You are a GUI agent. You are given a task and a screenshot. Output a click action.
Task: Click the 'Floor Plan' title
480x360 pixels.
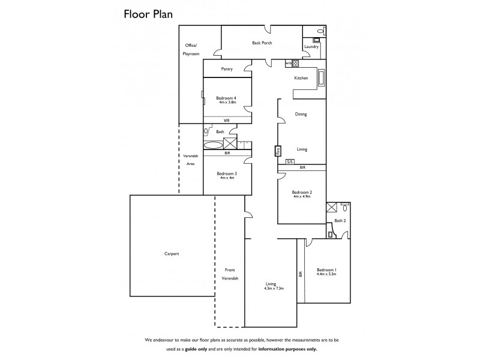tap(148, 14)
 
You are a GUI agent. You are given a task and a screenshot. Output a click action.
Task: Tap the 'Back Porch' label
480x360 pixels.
tap(262, 43)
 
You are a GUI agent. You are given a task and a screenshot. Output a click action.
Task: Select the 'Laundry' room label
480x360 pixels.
tap(311, 46)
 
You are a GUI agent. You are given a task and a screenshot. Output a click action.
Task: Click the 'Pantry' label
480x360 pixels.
tap(226, 69)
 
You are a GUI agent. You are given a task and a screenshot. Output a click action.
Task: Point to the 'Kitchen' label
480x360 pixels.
tap(301, 78)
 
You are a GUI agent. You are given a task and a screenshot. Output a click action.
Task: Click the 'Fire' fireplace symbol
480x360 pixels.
tap(278, 152)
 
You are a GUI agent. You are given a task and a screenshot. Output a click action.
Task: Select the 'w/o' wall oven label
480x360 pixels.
tap(287, 63)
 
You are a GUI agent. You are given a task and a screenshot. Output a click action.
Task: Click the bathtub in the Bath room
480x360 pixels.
tap(212, 145)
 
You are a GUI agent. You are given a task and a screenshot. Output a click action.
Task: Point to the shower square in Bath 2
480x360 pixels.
tap(331, 208)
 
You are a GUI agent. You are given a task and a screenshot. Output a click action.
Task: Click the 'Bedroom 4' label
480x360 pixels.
tap(226, 98)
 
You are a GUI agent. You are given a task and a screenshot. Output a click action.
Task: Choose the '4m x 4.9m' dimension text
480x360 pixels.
tap(301, 196)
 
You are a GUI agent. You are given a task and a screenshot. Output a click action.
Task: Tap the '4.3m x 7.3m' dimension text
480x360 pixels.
tap(273, 289)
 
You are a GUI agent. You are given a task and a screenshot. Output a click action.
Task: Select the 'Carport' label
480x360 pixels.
tap(172, 254)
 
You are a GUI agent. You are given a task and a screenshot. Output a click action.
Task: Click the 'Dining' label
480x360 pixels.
tap(301, 114)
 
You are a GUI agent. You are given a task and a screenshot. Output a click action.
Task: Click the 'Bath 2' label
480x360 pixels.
tap(340, 221)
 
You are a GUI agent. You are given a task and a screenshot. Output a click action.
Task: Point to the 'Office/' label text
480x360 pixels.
tap(191, 46)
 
